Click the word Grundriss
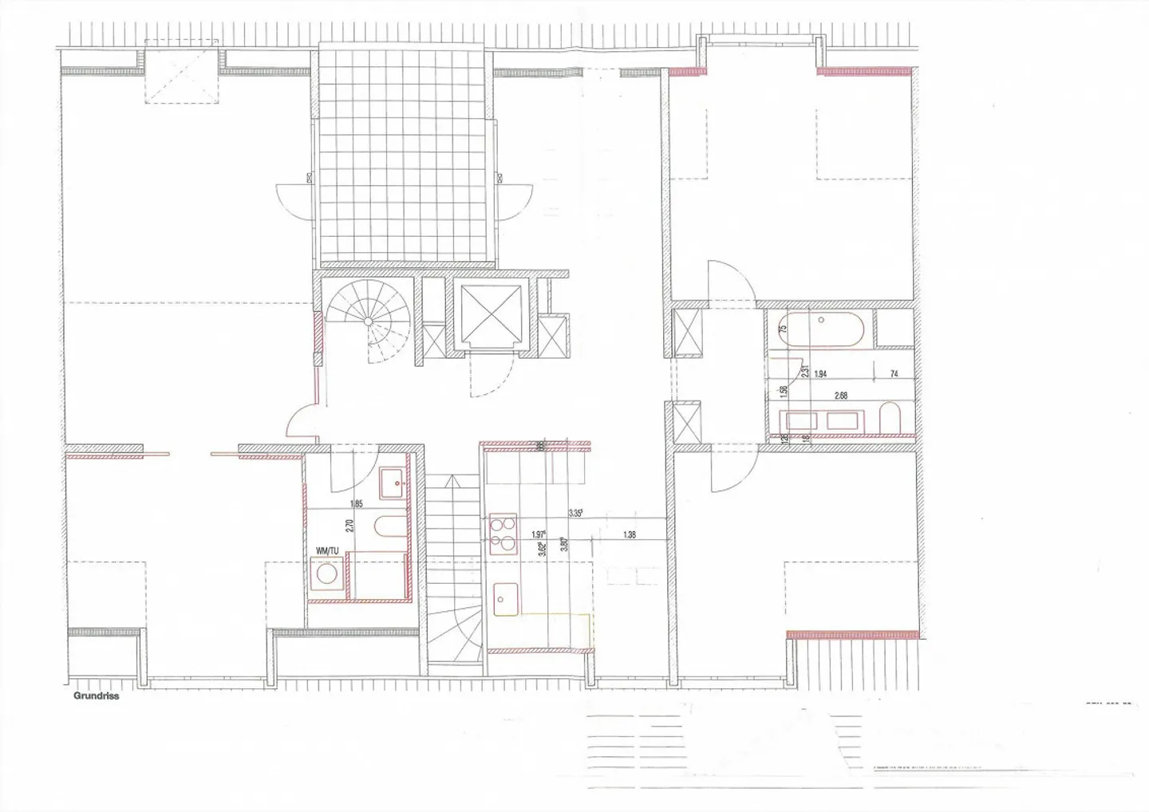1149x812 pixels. click(x=96, y=695)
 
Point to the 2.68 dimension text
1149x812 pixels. click(x=840, y=395)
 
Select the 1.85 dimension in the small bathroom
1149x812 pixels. click(x=356, y=503)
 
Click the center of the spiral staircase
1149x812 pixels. click(x=368, y=321)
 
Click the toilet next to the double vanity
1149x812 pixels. click(x=891, y=419)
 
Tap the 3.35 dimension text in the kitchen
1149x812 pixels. click(x=575, y=514)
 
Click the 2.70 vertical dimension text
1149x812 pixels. click(x=349, y=526)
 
